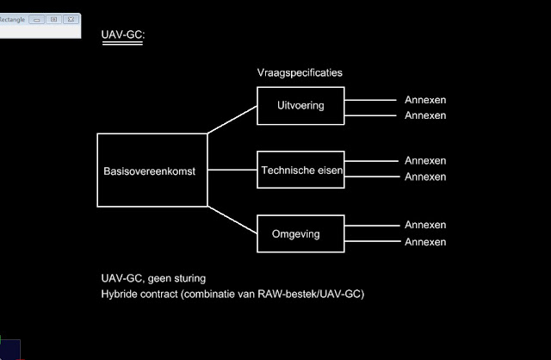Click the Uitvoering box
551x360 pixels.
tap(300, 106)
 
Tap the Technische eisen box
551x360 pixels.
tap(301, 171)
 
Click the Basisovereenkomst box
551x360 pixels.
tap(152, 171)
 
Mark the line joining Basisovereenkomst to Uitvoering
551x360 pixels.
tap(232, 120)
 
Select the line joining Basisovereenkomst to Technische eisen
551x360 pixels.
tap(232, 171)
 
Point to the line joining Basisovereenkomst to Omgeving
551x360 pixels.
tap(232, 220)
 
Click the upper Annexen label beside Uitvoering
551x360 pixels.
tap(425, 99)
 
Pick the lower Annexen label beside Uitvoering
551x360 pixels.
tap(425, 115)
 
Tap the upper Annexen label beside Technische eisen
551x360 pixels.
tap(425, 161)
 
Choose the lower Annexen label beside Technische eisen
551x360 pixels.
tap(425, 177)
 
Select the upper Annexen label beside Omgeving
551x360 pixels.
tap(425, 226)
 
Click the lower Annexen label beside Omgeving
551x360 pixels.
tap(425, 242)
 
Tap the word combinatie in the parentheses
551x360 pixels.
tap(226, 295)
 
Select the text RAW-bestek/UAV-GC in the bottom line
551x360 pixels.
tap(317, 295)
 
